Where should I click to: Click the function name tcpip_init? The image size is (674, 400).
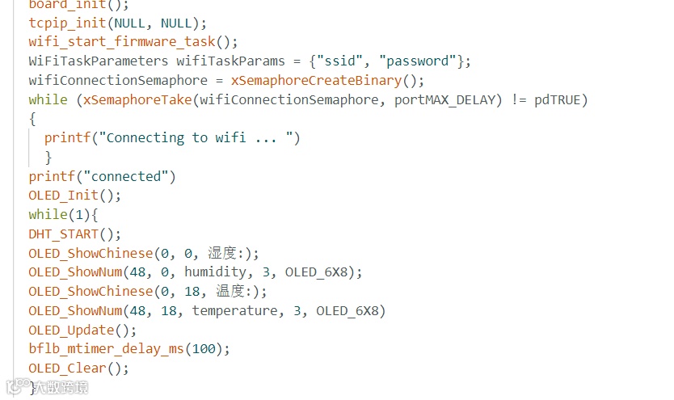[67, 22]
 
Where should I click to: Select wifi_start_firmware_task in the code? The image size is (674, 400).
[122, 41]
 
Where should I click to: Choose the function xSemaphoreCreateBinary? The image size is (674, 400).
[316, 80]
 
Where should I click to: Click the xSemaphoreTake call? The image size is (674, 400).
[137, 99]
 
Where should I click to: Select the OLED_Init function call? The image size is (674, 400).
[63, 195]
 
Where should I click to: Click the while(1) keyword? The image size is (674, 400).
[47, 214]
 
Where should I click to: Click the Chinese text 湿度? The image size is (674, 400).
[223, 253]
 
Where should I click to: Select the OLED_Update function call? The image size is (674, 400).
[71, 330]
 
